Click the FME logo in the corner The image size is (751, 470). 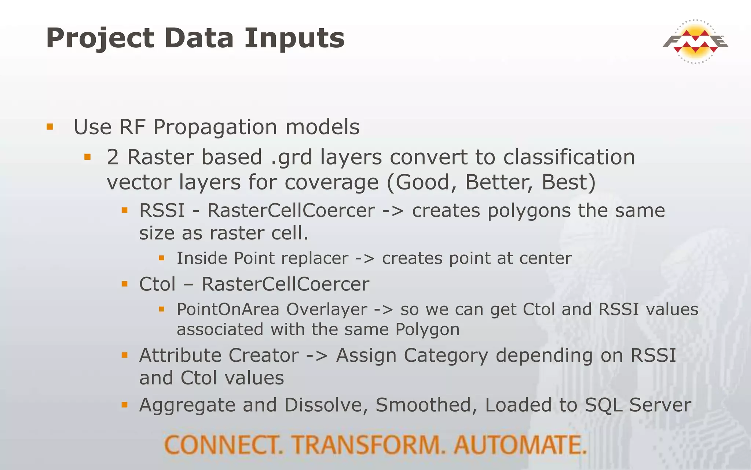pyautogui.click(x=695, y=41)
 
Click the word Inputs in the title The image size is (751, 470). pyautogui.click(x=294, y=38)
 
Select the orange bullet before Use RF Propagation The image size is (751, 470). pyautogui.click(x=50, y=127)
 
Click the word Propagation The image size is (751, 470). pyautogui.click(x=215, y=127)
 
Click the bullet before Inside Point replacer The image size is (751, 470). pyautogui.click(x=161, y=258)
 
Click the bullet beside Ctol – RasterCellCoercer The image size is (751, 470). pyautogui.click(x=125, y=284)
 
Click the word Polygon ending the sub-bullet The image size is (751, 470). pyautogui.click(x=427, y=329)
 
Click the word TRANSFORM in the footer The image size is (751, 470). pyautogui.click(x=369, y=445)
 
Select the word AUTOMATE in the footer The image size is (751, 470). pyautogui.click(x=520, y=445)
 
